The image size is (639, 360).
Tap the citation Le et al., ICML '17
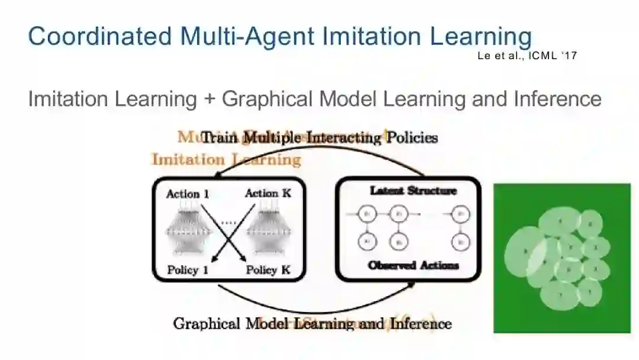(x=526, y=56)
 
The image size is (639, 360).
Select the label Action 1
(x=187, y=194)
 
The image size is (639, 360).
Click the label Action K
(x=268, y=193)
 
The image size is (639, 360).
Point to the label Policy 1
(x=188, y=270)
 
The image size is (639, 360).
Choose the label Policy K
(x=268, y=270)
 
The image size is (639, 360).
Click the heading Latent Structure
(x=413, y=191)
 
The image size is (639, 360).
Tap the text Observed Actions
(x=413, y=265)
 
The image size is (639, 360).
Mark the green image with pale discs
(x=561, y=258)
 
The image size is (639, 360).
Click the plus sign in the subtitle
(x=209, y=99)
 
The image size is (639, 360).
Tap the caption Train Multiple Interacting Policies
(x=319, y=138)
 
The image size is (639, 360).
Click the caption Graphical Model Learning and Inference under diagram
(x=312, y=324)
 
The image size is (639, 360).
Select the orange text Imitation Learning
(x=226, y=159)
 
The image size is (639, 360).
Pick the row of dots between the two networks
(x=228, y=222)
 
